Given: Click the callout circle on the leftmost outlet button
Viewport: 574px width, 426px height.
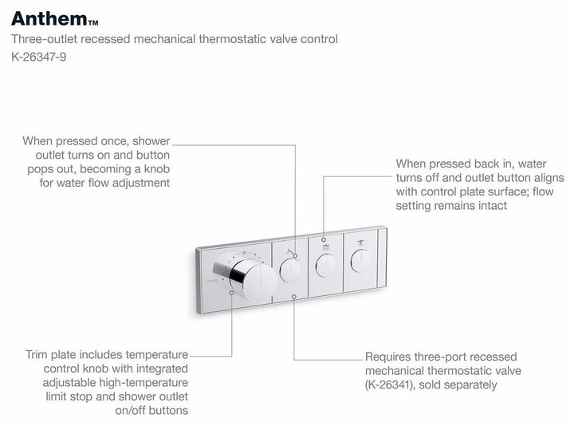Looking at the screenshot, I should pyautogui.click(x=294, y=256).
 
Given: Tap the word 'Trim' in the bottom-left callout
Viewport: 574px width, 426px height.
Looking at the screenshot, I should pyautogui.click(x=38, y=353).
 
